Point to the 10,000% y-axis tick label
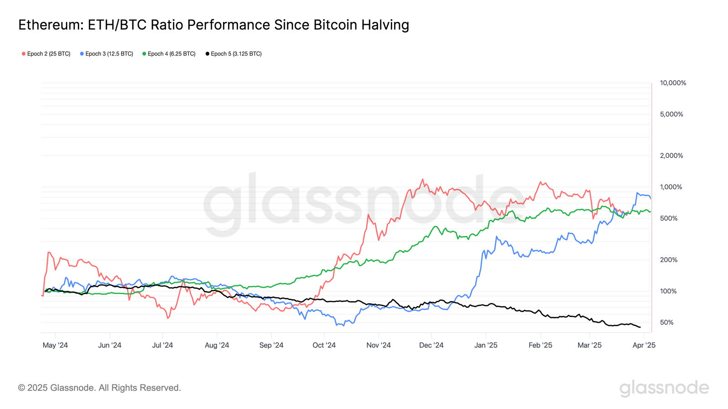point(673,83)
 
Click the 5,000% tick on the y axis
point(672,115)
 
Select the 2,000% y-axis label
point(672,155)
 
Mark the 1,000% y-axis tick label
point(671,187)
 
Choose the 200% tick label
point(669,260)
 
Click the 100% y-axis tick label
point(668,291)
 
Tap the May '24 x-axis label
point(55,345)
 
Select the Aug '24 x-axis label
point(217,345)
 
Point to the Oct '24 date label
point(324,345)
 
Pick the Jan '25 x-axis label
point(486,345)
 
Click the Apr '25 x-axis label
point(644,345)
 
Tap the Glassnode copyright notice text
point(99,388)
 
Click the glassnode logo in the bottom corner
point(664,388)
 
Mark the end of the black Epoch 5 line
point(640,327)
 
